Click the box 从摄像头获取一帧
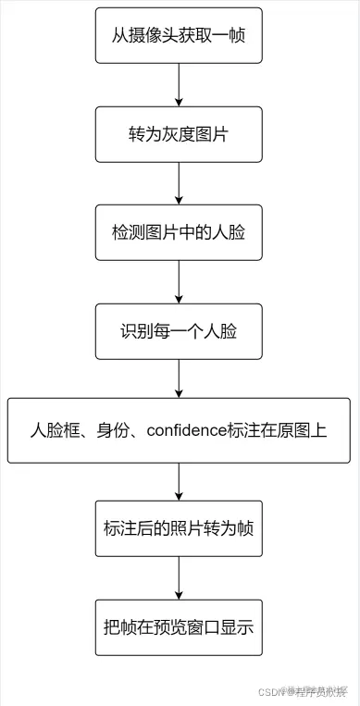tap(179, 36)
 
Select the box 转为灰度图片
tap(179, 134)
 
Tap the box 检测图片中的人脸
tap(179, 232)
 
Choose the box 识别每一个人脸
tap(179, 331)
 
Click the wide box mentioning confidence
tap(179, 430)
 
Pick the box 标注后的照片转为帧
tap(179, 528)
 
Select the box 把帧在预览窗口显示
tap(179, 626)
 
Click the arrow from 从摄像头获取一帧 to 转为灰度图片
tap(179, 85)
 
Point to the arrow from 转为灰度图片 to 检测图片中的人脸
tap(179, 183)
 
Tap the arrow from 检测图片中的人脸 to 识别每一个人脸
tap(179, 281)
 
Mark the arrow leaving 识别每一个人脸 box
tap(179, 379)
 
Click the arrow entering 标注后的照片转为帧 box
tap(179, 481)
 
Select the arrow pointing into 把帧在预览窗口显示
tap(179, 578)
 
